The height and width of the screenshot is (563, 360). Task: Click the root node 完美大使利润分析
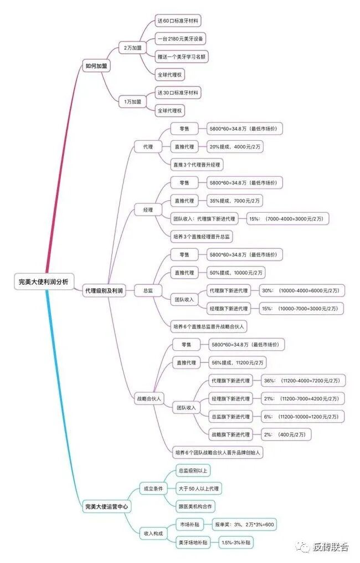coord(43,281)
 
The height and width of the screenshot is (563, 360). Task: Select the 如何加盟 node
coord(97,66)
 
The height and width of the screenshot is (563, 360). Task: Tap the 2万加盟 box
coord(132,48)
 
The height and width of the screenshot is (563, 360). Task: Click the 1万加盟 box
coord(132,101)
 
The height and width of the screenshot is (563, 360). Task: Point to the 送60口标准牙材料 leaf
coord(178,21)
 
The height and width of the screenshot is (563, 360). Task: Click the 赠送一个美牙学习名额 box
coord(183,57)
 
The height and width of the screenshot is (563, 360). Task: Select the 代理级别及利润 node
coord(104,290)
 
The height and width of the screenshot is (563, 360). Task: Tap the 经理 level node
coord(148,210)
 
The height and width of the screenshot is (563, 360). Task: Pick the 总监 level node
coord(148,290)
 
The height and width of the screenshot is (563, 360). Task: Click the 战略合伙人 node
coord(149,398)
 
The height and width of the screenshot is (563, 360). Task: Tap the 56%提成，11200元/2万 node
coord(239,362)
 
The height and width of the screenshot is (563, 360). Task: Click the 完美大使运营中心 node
coord(108,506)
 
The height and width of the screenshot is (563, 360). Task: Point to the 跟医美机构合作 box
coord(195,506)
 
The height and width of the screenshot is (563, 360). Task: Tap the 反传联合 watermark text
coord(332,547)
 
